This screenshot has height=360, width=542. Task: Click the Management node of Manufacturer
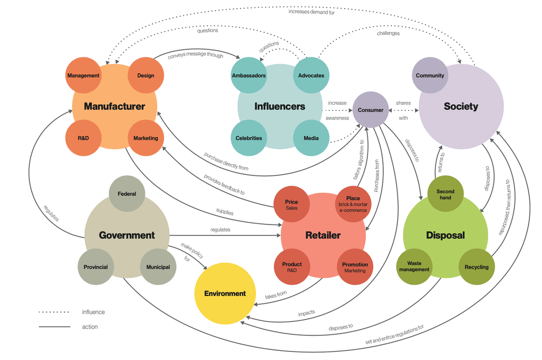tap(83, 75)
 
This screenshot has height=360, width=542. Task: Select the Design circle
tap(146, 75)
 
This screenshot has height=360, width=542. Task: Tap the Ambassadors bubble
tap(249, 75)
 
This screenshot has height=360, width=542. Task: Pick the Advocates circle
tap(311, 75)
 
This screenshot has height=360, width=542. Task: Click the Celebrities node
tap(249, 138)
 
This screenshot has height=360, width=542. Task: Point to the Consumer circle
tap(371, 110)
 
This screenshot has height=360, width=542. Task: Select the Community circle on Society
tap(430, 75)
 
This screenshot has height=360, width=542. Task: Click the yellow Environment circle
tap(225, 294)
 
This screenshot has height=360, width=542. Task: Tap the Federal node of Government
tap(127, 194)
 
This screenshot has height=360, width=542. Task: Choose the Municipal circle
tap(158, 267)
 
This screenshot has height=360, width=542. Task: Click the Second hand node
tap(445, 194)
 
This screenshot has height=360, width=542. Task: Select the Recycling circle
tap(477, 267)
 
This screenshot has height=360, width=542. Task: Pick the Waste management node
tap(414, 267)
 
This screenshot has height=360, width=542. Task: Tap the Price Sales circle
tap(291, 204)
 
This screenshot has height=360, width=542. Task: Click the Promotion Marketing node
tap(355, 267)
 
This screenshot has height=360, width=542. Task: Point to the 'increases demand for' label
tap(311, 12)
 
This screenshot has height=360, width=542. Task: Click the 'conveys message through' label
tap(195, 55)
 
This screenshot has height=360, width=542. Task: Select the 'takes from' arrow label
tap(276, 295)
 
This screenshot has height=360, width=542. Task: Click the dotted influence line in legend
tap(54, 312)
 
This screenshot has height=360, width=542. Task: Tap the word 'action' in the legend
tap(90, 327)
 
